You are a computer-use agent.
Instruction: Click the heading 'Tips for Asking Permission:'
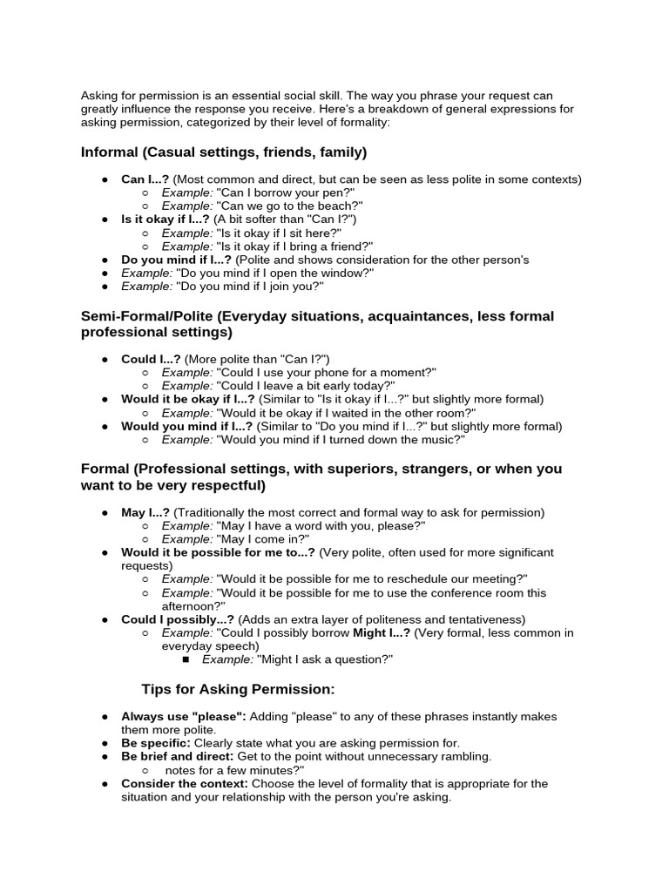coord(238,689)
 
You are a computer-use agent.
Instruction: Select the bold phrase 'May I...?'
coord(145,512)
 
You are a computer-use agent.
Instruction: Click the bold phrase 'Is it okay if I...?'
coord(165,220)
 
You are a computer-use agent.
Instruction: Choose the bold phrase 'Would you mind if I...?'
coord(186,426)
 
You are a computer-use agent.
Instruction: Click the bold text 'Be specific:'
coord(156,743)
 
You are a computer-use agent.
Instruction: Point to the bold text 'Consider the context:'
coord(184,783)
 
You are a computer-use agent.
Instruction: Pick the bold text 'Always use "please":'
coord(184,716)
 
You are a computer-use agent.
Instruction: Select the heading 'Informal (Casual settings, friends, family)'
coord(224,152)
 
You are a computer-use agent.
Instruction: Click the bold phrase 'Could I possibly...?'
coord(177,619)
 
